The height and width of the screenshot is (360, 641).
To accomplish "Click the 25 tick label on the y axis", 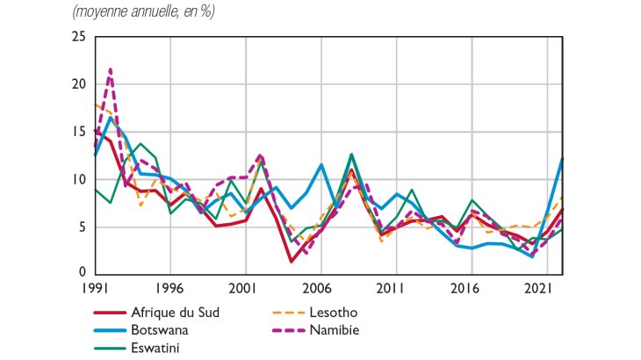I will [x=79, y=37].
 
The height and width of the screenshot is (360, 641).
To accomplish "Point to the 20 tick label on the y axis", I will [x=79, y=84].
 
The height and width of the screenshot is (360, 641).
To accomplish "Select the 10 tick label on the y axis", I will [x=79, y=179].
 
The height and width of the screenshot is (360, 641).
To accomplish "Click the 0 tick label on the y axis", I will [x=83, y=273].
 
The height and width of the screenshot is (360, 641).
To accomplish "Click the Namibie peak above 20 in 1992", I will [x=110, y=68].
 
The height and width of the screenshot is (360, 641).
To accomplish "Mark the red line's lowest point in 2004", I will [x=291, y=261].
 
